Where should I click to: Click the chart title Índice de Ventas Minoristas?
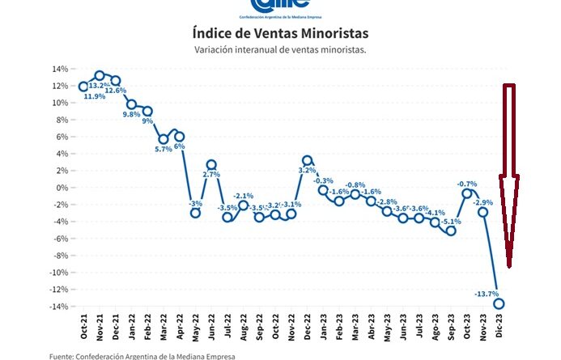(x=280, y=33)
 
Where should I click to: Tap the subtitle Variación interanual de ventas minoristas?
(x=280, y=50)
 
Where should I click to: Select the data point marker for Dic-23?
(x=499, y=303)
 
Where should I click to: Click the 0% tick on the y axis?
(x=60, y=188)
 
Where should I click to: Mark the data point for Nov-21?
(x=100, y=75)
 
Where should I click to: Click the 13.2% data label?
(x=100, y=85)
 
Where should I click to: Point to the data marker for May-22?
(x=195, y=212)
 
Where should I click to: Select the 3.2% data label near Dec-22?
(x=308, y=171)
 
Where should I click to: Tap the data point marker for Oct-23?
(x=467, y=193)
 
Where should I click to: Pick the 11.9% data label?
(x=84, y=96)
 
